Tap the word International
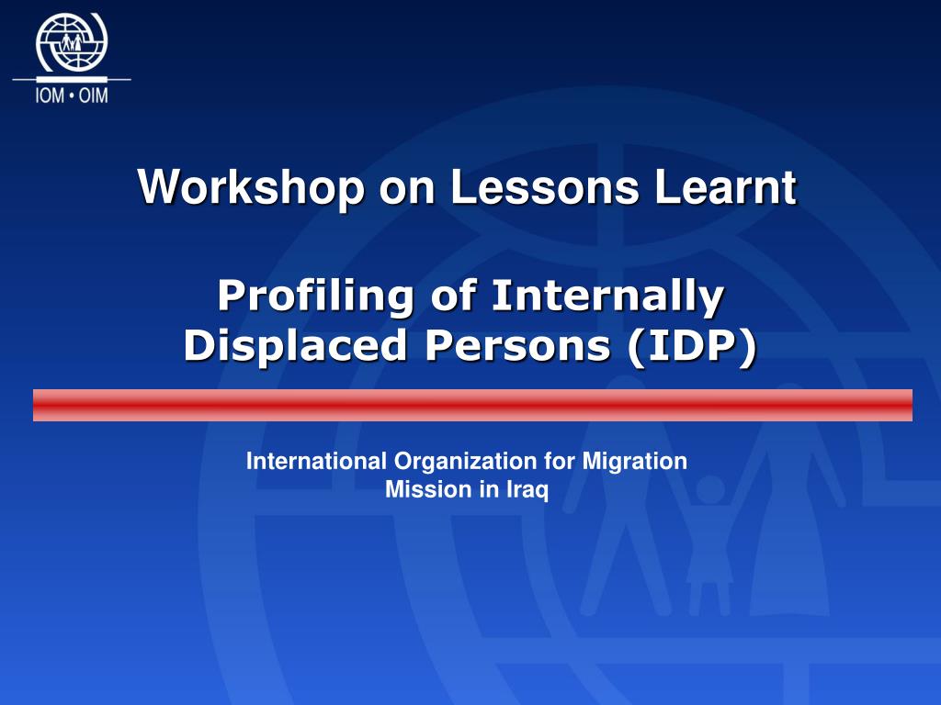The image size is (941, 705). tap(317, 462)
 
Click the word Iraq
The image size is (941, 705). tap(527, 491)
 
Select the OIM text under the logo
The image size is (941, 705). tap(94, 95)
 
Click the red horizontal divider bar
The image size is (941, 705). tap(472, 405)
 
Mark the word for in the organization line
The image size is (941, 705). tap(561, 462)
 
